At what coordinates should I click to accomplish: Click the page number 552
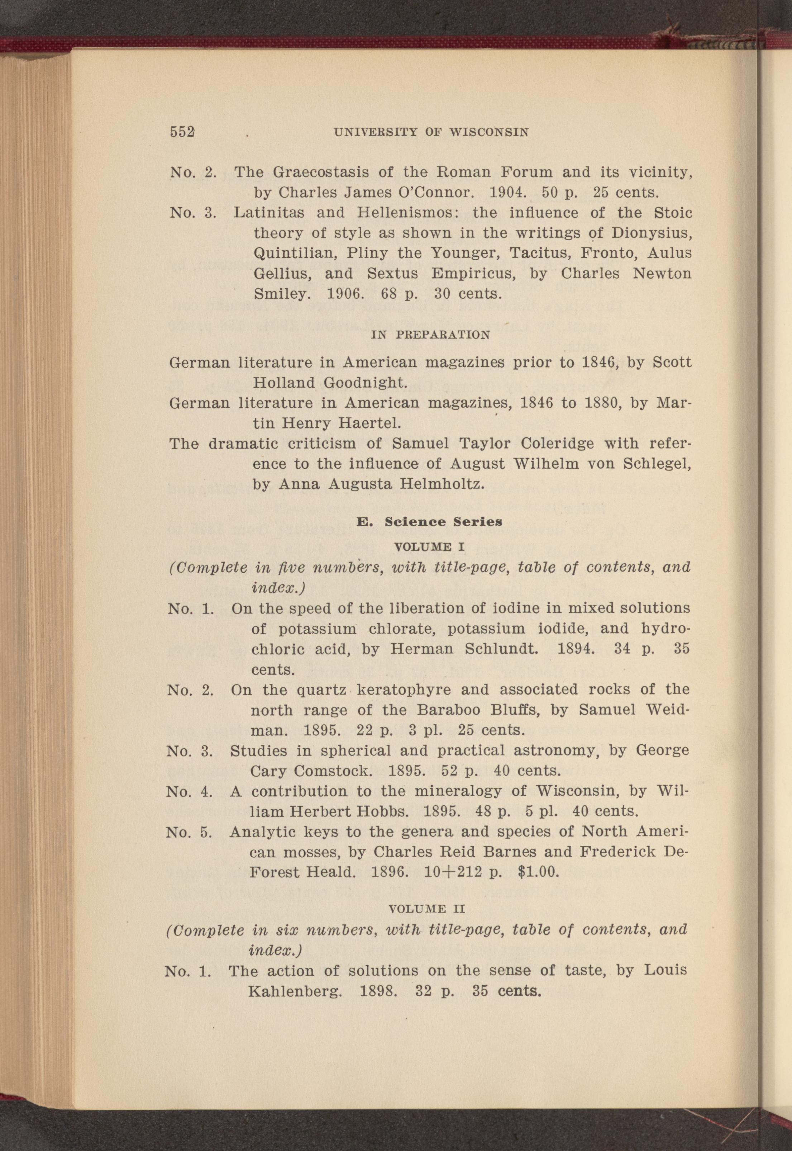[182, 132]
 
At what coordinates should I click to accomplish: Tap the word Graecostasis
[320, 172]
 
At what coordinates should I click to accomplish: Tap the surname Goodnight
[366, 383]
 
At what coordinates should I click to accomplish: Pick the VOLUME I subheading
[429, 547]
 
